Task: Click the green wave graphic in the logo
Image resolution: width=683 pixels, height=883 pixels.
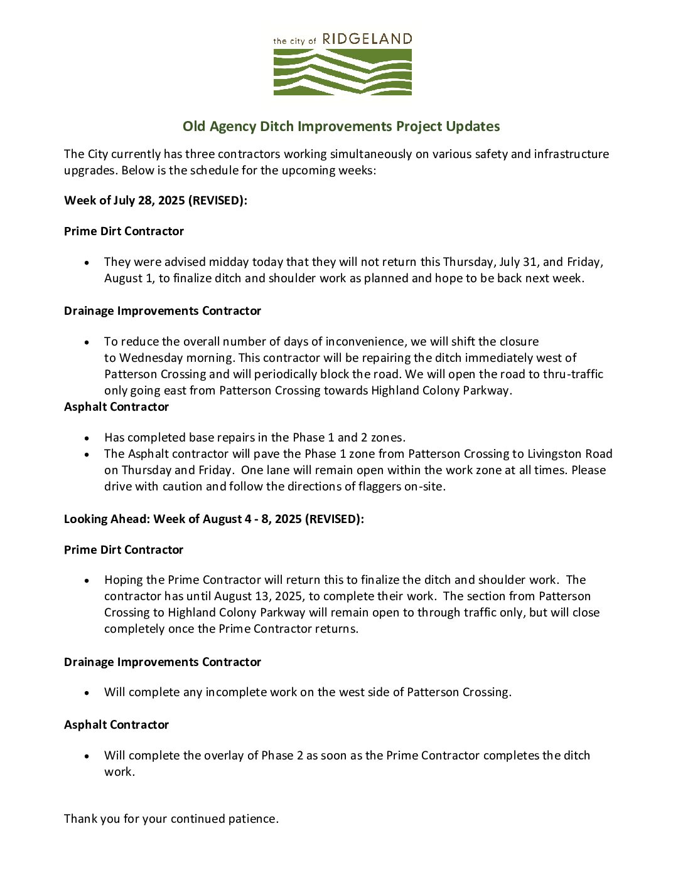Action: [x=342, y=72]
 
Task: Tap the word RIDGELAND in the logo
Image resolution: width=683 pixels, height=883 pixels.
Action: [x=367, y=40]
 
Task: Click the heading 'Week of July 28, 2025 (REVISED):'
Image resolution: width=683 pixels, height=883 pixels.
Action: [x=156, y=201]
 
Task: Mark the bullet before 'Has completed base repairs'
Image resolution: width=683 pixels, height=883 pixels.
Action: [x=87, y=438]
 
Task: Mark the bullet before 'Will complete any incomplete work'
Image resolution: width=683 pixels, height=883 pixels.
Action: [x=87, y=692]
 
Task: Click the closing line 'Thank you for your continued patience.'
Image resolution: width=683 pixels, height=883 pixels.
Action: [x=171, y=818]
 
